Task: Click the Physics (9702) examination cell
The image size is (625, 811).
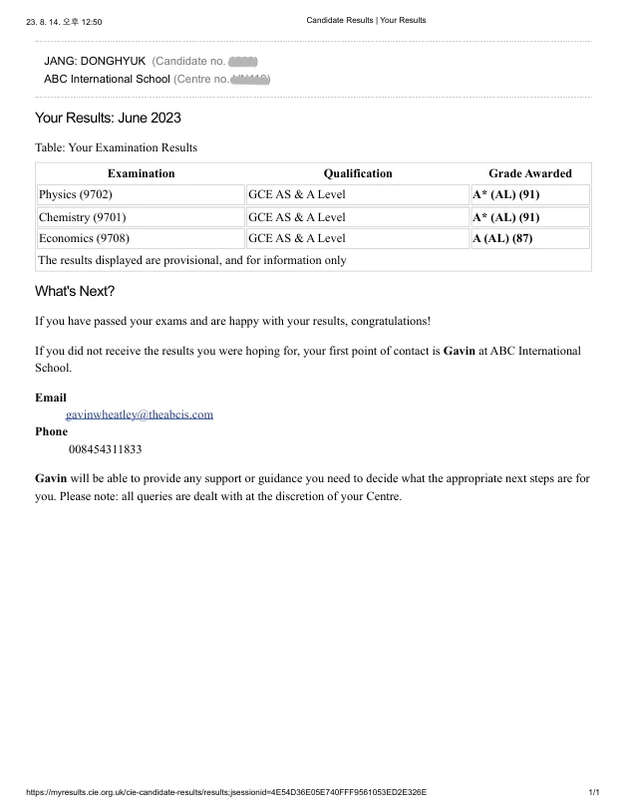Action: point(76,194)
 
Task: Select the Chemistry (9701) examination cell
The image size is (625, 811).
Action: point(82,216)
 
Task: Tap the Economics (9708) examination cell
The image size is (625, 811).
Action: point(84,238)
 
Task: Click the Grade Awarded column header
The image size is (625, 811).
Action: point(529,173)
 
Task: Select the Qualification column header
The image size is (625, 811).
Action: point(358,173)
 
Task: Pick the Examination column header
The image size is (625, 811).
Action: point(141,173)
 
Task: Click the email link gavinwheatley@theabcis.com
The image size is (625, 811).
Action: point(140,413)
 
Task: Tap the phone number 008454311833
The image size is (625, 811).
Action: point(105,449)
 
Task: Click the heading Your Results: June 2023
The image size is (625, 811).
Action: point(108,118)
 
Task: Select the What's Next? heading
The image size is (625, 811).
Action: point(75,291)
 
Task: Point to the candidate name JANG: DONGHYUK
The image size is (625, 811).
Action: point(95,61)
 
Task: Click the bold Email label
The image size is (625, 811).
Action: point(51,397)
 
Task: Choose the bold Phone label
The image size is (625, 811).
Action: point(52,431)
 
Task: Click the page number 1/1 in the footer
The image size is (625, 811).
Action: point(594,792)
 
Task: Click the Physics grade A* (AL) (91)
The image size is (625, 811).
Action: point(505,194)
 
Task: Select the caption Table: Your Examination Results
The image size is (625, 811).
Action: point(116,147)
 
